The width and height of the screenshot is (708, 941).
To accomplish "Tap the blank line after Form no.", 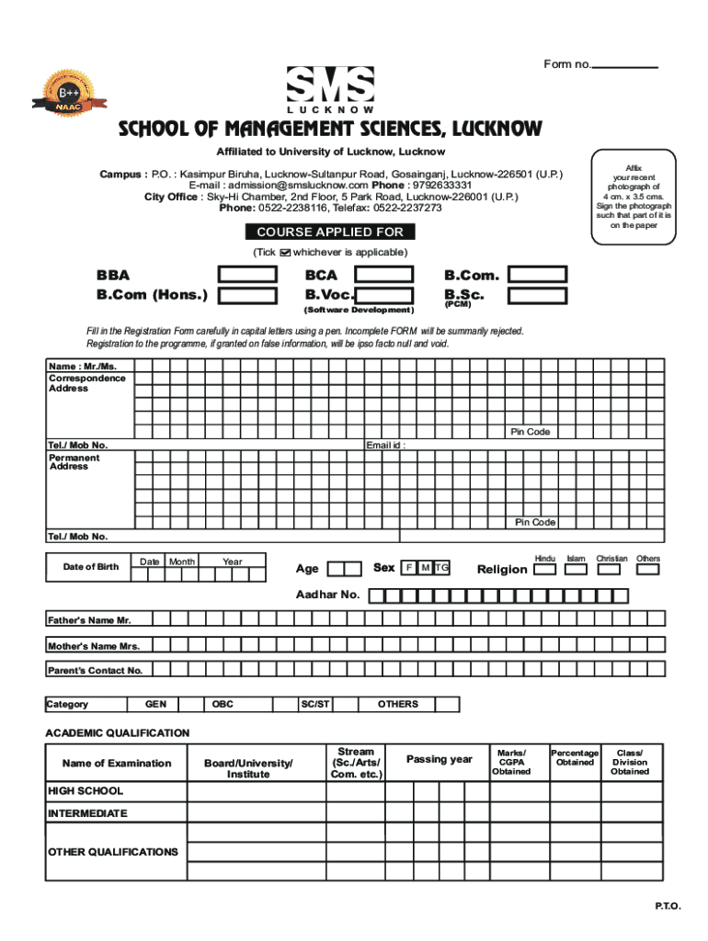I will coord(625,65).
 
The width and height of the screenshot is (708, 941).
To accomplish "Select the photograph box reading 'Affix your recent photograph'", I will coord(634,197).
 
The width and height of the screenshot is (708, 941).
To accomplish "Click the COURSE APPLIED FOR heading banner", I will coord(329,232).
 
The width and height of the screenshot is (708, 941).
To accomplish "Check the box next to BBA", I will coord(247,275).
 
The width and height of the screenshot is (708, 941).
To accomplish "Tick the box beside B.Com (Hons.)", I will coord(247,295).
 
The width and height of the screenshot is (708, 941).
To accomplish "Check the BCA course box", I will coord(384,275).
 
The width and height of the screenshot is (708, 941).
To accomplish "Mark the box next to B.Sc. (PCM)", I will coord(538,295).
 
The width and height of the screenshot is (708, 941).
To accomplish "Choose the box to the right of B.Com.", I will coord(538,275).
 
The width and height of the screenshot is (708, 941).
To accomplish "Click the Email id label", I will coord(385,446).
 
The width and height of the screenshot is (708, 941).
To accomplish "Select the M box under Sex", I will coord(425,568).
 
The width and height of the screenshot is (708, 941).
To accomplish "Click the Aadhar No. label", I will coord(327,595).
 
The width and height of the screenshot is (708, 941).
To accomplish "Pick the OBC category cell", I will coord(223,705).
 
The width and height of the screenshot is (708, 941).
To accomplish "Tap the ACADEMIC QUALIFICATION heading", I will coord(118,732).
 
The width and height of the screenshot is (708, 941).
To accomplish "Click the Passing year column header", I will coord(440,759).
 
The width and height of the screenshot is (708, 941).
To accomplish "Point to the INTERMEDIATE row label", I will coord(88,813).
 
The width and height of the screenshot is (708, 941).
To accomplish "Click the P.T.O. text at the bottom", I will coord(668,906).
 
